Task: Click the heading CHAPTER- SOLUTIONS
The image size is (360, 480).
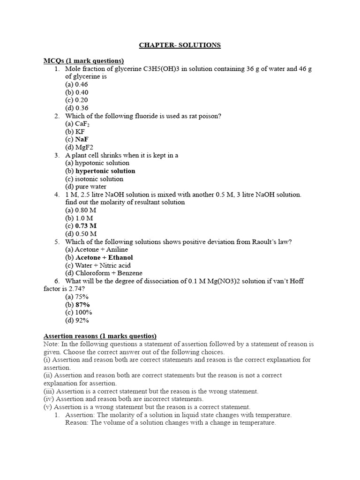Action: (180, 45)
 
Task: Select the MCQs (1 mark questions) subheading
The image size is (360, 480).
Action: (83, 61)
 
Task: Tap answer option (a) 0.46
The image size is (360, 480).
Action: (76, 84)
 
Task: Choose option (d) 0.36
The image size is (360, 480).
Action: (76, 108)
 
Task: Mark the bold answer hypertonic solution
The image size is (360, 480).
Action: (105, 171)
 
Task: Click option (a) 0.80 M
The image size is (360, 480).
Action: (81, 210)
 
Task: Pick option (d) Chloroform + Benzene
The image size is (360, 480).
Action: (104, 273)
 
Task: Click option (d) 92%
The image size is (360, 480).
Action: (77, 320)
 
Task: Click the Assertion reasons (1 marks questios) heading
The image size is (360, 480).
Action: (100, 336)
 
